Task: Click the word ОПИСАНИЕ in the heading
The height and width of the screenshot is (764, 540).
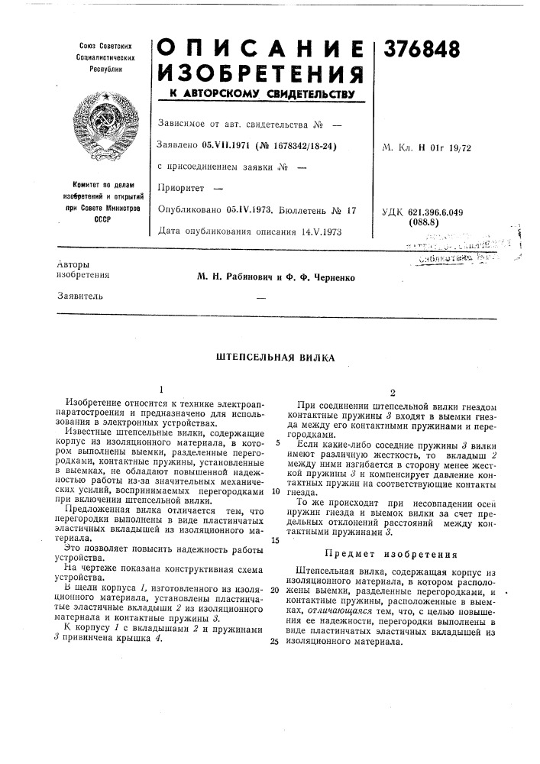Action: tap(260, 47)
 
